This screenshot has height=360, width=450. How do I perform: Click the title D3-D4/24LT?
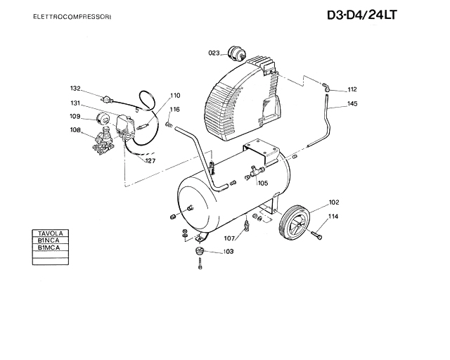[362, 15]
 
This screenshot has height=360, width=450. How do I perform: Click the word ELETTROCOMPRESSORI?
[72, 17]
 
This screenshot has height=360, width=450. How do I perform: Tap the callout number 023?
[214, 53]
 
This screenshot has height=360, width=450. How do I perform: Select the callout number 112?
[352, 89]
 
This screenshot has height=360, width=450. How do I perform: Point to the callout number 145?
[352, 103]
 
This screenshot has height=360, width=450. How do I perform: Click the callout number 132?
[75, 89]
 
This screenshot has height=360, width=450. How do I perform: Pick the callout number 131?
[75, 103]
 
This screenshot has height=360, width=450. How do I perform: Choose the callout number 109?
[75, 116]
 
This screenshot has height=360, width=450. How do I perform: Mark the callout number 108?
[75, 130]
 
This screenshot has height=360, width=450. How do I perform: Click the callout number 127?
[150, 161]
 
